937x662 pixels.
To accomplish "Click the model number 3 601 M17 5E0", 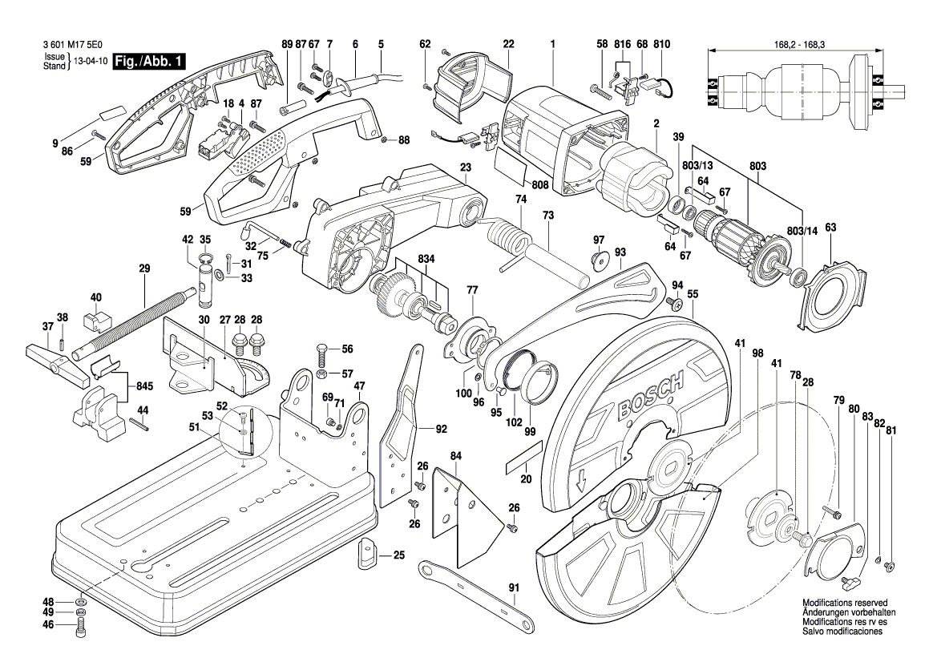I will coord(69,46).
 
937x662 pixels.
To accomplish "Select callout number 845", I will coord(144,386).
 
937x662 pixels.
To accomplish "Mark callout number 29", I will coord(144,269).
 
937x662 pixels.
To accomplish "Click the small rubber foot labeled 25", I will coord(367,552).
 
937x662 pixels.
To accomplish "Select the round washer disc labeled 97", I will coord(598,261).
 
